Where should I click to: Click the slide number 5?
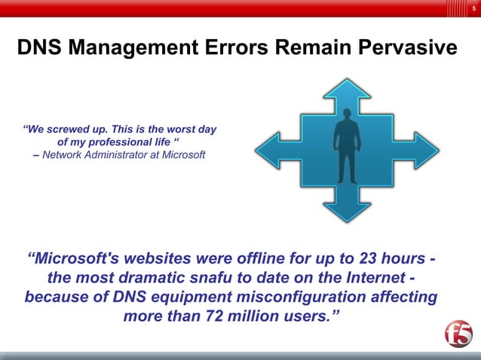[473, 8]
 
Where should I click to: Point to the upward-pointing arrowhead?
[347, 90]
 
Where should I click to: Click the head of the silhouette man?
[347, 117]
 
